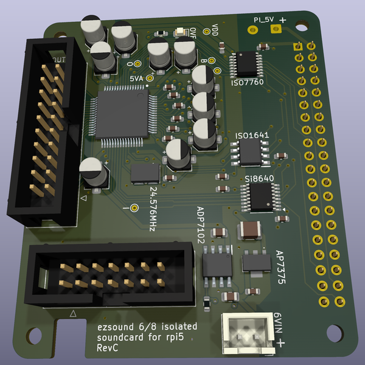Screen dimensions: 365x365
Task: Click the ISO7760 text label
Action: pos(247,82)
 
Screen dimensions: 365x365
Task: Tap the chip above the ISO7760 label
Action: pos(246,63)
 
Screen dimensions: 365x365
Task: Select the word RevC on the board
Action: pos(107,348)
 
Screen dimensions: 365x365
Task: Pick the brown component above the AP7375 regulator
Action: pos(250,231)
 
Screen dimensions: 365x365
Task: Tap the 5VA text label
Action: pos(136,78)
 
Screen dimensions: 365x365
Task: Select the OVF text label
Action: pos(192,32)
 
